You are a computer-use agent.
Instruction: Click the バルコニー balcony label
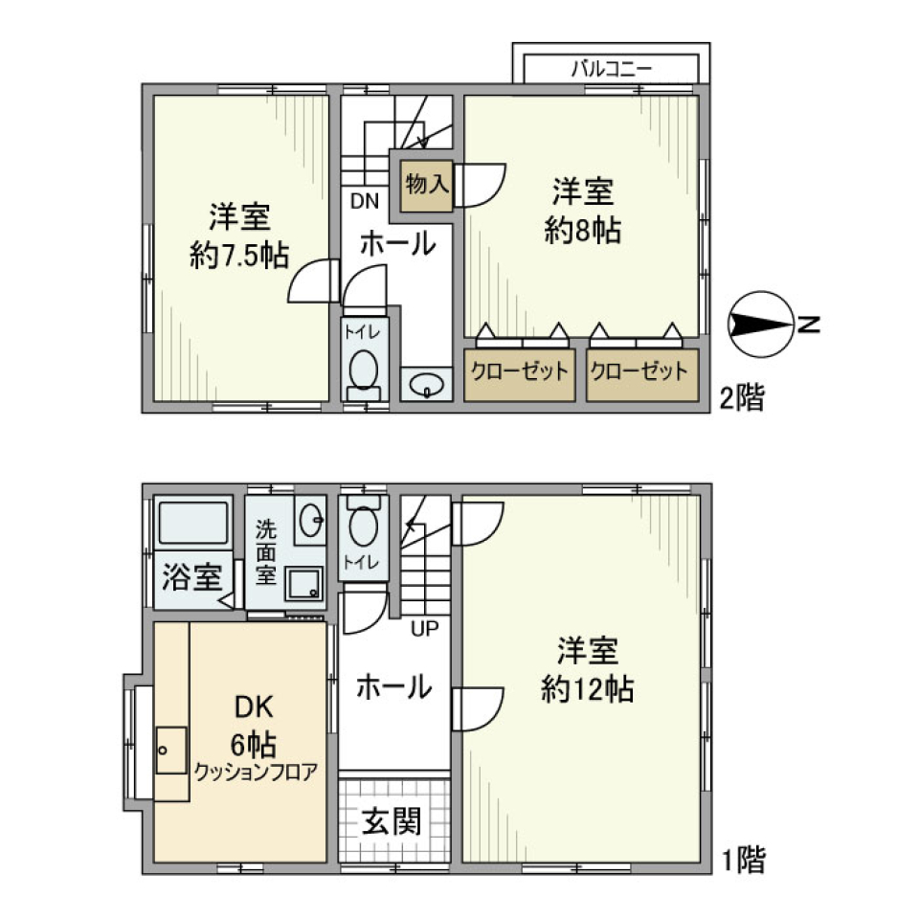[x=612, y=68]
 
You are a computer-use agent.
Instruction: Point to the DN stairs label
[x=363, y=201]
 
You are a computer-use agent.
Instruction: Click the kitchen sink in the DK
[x=172, y=750]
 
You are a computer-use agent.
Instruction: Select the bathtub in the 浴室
[x=192, y=526]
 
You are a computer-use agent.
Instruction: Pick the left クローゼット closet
[x=520, y=372]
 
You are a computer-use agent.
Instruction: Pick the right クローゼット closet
[x=639, y=372]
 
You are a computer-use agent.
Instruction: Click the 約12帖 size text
[x=587, y=689]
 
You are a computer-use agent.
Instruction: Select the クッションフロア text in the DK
[x=255, y=771]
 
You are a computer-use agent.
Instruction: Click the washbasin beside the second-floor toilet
[x=425, y=385]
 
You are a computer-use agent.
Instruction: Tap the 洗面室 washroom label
[x=264, y=552]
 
